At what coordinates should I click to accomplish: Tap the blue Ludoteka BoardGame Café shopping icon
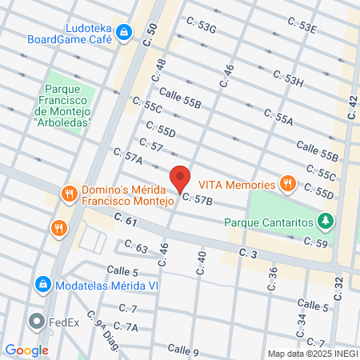(x=123, y=32)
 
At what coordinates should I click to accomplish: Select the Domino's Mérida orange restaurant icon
(x=70, y=193)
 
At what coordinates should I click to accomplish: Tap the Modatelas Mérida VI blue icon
(x=42, y=284)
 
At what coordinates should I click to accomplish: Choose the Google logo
(x=26, y=350)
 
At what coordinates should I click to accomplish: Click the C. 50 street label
(x=151, y=34)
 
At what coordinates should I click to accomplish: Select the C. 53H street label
(x=288, y=79)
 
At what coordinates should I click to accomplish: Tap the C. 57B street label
(x=198, y=199)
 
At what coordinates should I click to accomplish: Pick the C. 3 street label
(x=247, y=253)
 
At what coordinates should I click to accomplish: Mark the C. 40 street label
(x=201, y=260)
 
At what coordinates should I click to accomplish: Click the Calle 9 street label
(x=183, y=350)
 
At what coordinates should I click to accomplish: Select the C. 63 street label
(x=136, y=248)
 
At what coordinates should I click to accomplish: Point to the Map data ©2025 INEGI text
(x=313, y=353)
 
